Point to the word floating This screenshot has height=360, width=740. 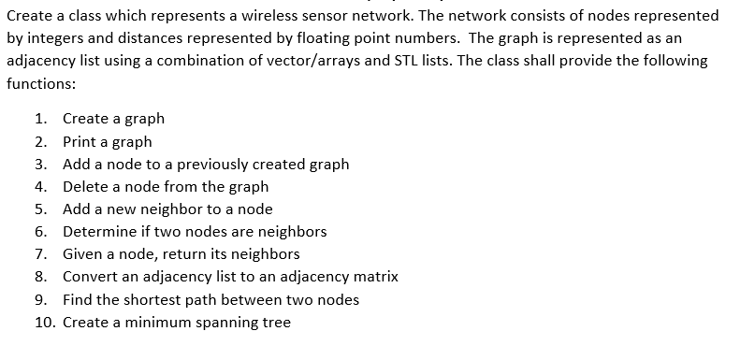[x=288, y=38]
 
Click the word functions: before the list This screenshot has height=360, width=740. [x=40, y=82]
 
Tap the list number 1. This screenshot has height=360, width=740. [x=39, y=119]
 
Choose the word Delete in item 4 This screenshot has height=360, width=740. [x=86, y=187]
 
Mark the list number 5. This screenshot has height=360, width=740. [x=40, y=209]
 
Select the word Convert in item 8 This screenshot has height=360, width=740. [x=90, y=277]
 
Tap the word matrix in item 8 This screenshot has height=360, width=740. [x=374, y=277]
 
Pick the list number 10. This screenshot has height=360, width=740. [x=43, y=323]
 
